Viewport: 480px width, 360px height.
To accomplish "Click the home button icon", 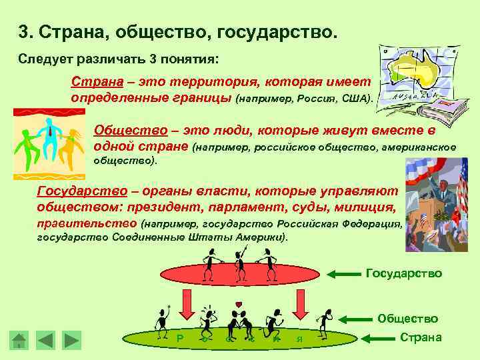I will point(20,340).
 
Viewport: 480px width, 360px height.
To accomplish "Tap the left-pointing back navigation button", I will point(45,340).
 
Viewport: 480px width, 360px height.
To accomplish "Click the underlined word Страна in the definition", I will point(90,81).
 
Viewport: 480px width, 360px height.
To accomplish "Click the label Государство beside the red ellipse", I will point(403,273).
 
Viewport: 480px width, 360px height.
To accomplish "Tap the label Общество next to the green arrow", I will point(407,319).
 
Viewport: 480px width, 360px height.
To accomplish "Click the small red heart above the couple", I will point(239,305).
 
